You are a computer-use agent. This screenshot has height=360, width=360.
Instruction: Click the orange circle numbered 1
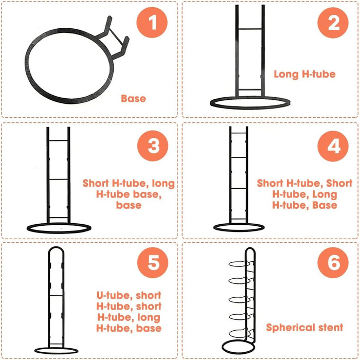tap(152, 22)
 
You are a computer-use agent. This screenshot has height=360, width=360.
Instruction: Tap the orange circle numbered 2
tap(333, 22)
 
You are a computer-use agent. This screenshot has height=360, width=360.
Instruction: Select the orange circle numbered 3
tap(153, 146)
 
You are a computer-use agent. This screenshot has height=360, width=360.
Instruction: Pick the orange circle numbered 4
tap(333, 146)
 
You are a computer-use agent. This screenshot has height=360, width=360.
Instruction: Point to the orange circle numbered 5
tap(153, 262)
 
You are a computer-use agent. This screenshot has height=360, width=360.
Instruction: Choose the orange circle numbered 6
tap(333, 263)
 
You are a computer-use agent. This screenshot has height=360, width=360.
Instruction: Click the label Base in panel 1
tap(133, 99)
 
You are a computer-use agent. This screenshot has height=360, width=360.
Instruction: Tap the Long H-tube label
tap(304, 74)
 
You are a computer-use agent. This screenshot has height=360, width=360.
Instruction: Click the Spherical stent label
tap(304, 328)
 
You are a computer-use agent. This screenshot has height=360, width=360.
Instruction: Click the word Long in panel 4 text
tap(325, 195)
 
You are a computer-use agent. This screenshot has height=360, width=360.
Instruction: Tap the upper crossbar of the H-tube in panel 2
tap(250, 29)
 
